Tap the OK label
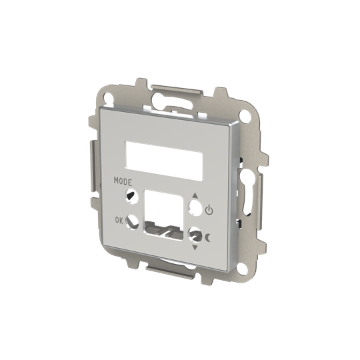(x=119, y=219)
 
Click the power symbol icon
(x=209, y=211)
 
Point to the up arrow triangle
(x=195, y=196)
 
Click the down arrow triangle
(x=194, y=247)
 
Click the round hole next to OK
(x=132, y=223)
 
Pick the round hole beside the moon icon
(x=196, y=235)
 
